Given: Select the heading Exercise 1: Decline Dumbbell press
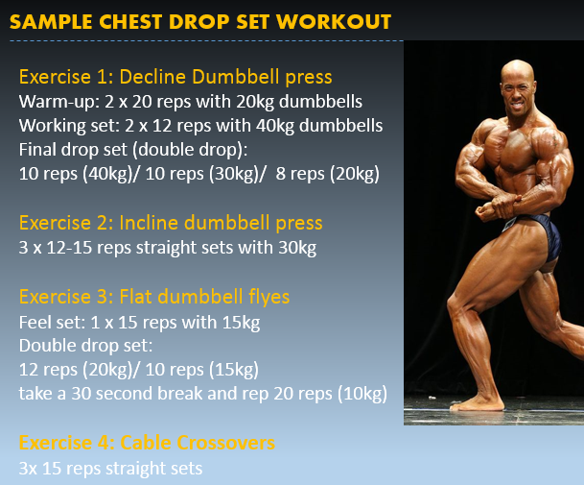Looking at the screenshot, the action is click(x=175, y=77).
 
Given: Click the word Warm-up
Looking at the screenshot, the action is click(x=59, y=102).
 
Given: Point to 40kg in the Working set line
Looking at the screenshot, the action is click(x=275, y=126).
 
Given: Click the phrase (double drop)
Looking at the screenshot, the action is click(x=190, y=150).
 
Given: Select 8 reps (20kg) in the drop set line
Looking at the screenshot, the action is click(x=327, y=174).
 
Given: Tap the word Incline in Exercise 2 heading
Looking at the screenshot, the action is click(x=151, y=223).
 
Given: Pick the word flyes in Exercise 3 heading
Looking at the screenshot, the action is click(x=269, y=298).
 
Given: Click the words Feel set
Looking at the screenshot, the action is click(x=53, y=323).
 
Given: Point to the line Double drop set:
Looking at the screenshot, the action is click(x=85, y=346).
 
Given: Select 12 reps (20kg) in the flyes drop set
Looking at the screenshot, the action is click(x=79, y=370).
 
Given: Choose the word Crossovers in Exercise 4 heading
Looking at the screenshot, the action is click(x=225, y=443).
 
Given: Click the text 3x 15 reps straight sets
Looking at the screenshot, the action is click(x=110, y=469).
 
